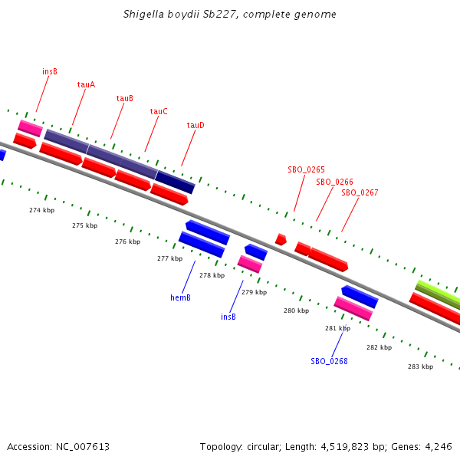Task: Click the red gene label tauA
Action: [x=86, y=84]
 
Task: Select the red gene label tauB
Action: [x=125, y=98]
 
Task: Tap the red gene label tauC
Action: [x=159, y=111]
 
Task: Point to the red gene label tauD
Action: [x=195, y=125]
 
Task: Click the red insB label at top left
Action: [x=50, y=71]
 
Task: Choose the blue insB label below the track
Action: [x=228, y=317]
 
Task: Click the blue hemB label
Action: [x=180, y=297]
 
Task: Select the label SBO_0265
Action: [x=306, y=169]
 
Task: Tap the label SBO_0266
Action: [x=334, y=182]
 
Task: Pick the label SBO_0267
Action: [x=360, y=192]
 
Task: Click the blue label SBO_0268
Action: [x=329, y=361]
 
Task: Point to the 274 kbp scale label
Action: [x=42, y=210]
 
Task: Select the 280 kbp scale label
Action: [x=296, y=310]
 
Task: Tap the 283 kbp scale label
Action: [x=420, y=366]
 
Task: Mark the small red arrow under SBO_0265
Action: [x=281, y=239]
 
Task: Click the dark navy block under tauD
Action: [x=176, y=182]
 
